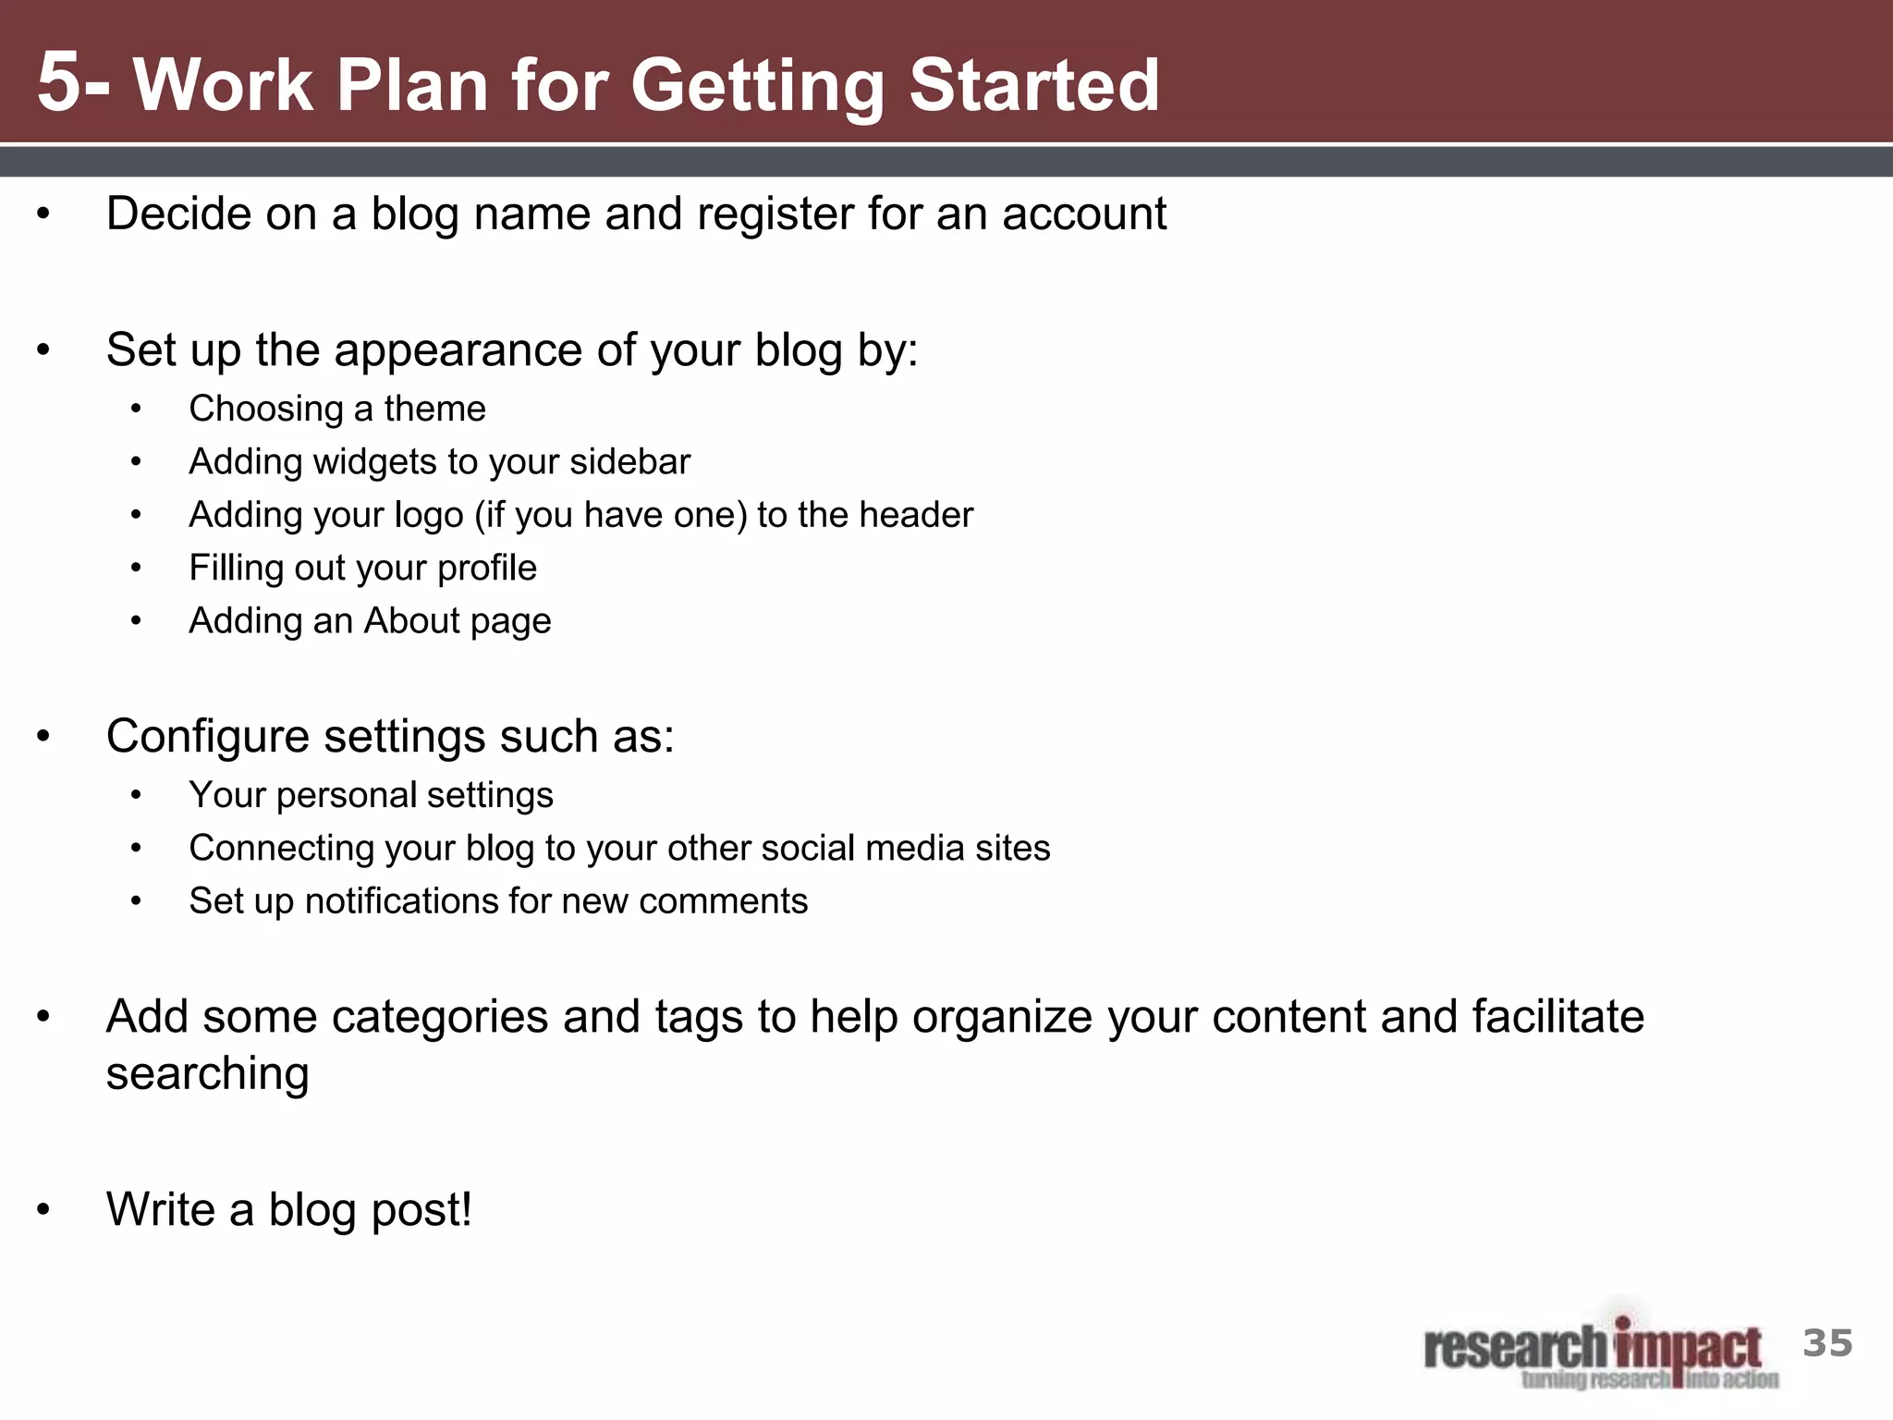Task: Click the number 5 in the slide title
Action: click(x=59, y=83)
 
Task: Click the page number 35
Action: click(x=1827, y=1343)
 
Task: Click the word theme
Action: click(x=434, y=409)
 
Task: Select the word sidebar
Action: click(x=629, y=461)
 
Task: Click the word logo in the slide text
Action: click(x=428, y=516)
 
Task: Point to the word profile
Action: click(x=486, y=569)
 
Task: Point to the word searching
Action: click(x=207, y=1074)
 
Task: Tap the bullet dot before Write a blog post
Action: click(x=43, y=1210)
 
